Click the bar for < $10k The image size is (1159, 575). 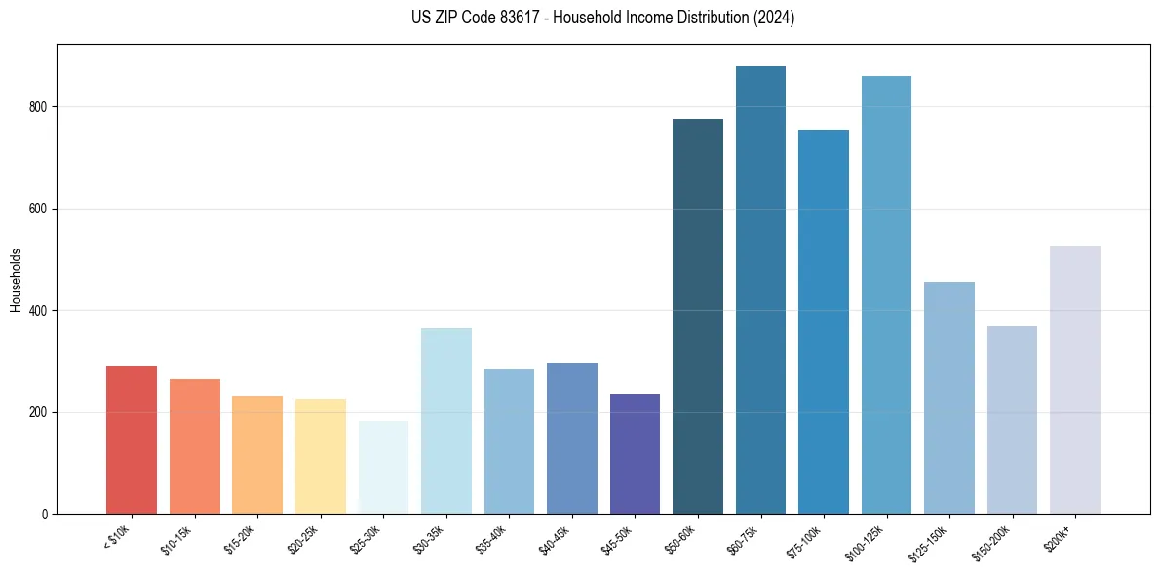click(132, 441)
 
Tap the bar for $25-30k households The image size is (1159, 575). click(383, 468)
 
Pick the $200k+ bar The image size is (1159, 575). click(1074, 380)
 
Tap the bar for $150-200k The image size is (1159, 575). click(1012, 420)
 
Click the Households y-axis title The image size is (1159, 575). click(16, 279)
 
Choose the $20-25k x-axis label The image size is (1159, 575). click(303, 539)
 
